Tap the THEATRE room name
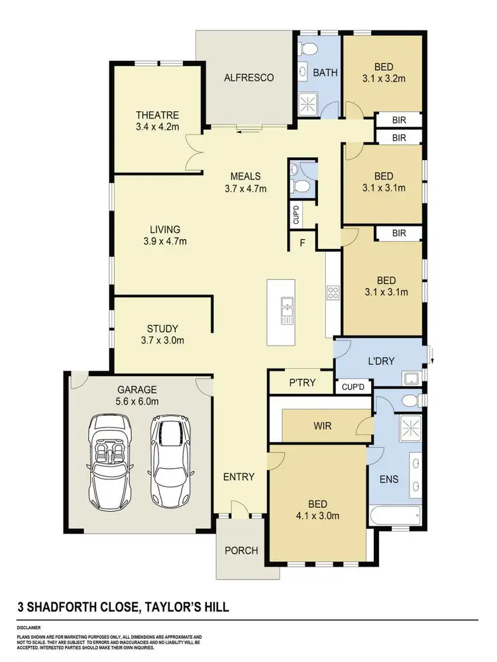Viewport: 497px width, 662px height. [x=157, y=115]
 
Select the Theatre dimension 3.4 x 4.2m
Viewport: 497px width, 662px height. [x=157, y=126]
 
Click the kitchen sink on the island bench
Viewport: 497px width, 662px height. [x=287, y=311]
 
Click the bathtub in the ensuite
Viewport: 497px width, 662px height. [x=395, y=515]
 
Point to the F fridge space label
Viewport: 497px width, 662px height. [x=302, y=243]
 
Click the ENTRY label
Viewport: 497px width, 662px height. [x=239, y=477]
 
